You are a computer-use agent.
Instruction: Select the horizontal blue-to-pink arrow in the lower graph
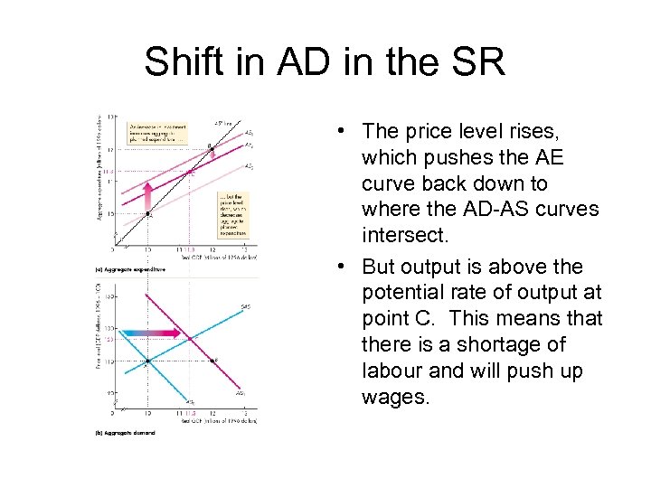pyautogui.click(x=145, y=333)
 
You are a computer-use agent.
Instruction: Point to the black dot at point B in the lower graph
pyautogui.click(x=212, y=361)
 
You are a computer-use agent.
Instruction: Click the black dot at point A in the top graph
pyautogui.click(x=147, y=213)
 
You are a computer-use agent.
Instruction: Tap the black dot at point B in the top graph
pyautogui.click(x=212, y=147)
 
